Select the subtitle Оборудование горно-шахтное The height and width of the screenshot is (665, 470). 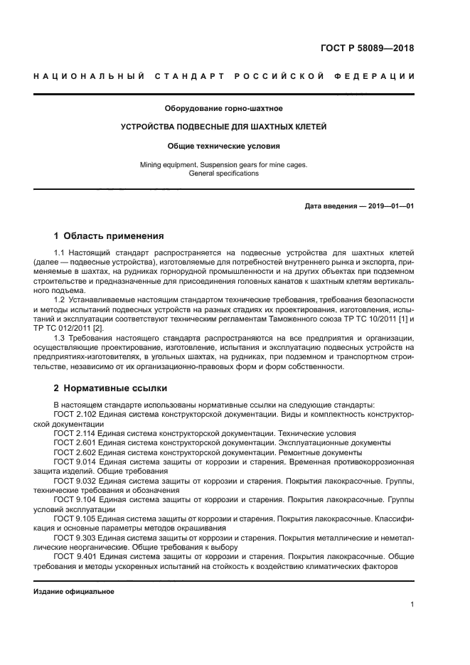(x=224, y=109)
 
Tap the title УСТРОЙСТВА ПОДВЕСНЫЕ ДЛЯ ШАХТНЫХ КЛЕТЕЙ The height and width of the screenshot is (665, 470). (x=224, y=127)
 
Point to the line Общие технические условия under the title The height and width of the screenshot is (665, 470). (x=224, y=146)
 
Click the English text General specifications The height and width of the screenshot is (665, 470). (x=224, y=174)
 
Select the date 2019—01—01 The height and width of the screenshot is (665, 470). (x=388, y=206)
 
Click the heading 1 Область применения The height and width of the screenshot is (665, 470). (x=109, y=235)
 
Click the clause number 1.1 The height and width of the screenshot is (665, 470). (x=60, y=253)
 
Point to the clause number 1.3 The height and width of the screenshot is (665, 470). (x=60, y=338)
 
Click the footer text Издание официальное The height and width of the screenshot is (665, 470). (x=74, y=591)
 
